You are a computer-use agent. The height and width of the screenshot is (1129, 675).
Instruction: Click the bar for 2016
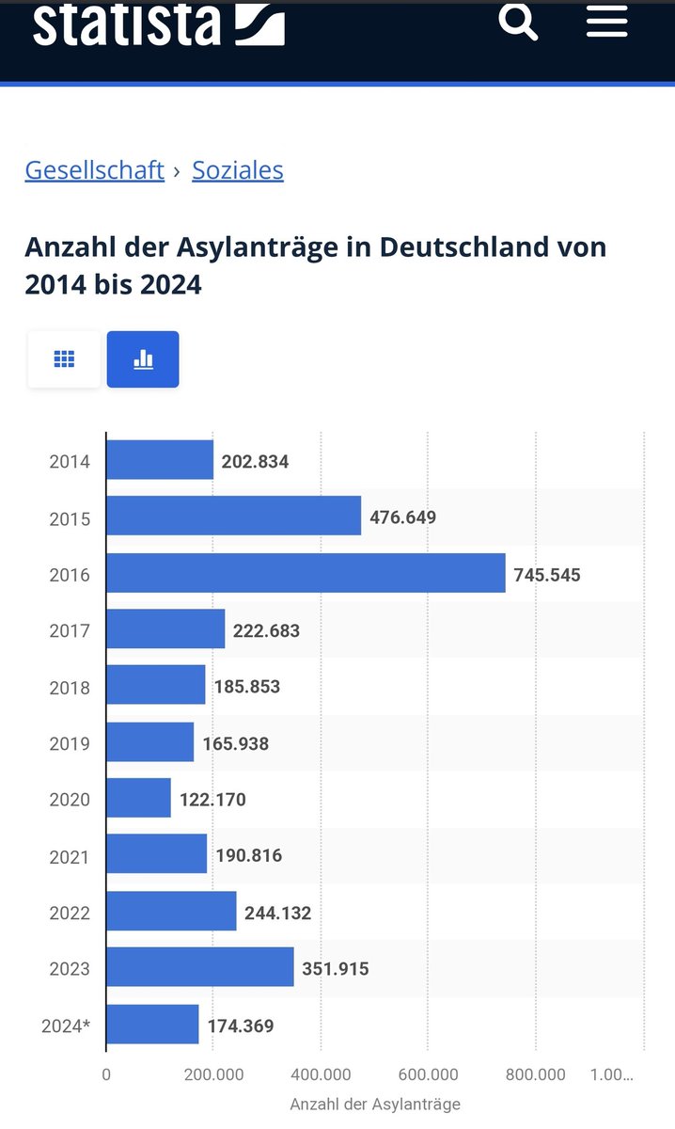pyautogui.click(x=306, y=573)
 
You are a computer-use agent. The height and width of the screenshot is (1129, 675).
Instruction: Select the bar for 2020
pyautogui.click(x=139, y=799)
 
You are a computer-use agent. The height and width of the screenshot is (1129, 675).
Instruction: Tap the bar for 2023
pyautogui.click(x=200, y=968)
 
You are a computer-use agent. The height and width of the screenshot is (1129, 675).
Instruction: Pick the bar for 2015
pyautogui.click(x=234, y=517)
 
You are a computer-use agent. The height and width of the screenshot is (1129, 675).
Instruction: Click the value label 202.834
pyautogui.click(x=255, y=461)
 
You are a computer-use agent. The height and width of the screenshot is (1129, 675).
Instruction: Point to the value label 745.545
pyautogui.click(x=547, y=574)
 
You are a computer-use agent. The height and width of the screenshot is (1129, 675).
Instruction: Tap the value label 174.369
pyautogui.click(x=241, y=1026)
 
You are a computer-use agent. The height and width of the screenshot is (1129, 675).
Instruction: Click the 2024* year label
pyautogui.click(x=66, y=1026)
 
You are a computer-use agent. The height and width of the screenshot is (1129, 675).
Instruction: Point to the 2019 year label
pyautogui.click(x=70, y=743)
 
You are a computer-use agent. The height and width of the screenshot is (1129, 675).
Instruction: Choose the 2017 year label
pyautogui.click(x=70, y=630)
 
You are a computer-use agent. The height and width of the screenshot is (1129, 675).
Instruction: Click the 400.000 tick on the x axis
pyautogui.click(x=321, y=1074)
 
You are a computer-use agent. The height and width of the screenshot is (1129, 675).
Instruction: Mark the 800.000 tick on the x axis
pyautogui.click(x=535, y=1074)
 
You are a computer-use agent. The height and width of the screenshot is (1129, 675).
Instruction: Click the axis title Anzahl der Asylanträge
pyautogui.click(x=374, y=1104)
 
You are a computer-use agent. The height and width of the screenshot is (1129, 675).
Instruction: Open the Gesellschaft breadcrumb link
pyautogui.click(x=94, y=170)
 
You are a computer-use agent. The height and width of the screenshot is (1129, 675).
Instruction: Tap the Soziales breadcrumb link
pyautogui.click(x=237, y=170)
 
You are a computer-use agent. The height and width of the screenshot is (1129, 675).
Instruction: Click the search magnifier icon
pyautogui.click(x=518, y=21)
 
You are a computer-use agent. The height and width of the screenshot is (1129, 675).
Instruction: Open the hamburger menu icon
pyautogui.click(x=606, y=21)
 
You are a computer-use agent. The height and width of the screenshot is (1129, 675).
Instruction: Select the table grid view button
pyautogui.click(x=64, y=359)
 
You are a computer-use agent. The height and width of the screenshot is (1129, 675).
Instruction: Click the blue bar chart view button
pyautogui.click(x=143, y=359)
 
